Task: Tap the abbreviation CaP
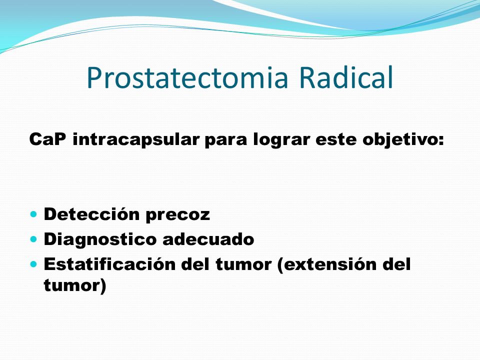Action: (x=47, y=139)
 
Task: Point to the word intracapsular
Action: (x=136, y=139)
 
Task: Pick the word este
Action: (x=336, y=139)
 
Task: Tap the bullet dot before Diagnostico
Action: (x=33, y=238)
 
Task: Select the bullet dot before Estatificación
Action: (x=33, y=263)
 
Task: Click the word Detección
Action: (x=92, y=213)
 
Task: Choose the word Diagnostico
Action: (x=100, y=239)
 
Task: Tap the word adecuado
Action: (x=208, y=239)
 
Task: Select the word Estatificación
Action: (x=110, y=264)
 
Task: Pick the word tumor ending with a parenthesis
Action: (x=75, y=285)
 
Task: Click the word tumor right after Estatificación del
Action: (x=243, y=264)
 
